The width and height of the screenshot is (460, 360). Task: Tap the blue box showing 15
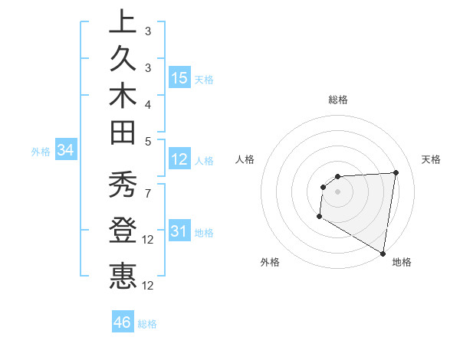(x=180, y=78)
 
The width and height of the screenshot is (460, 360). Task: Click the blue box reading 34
(x=66, y=151)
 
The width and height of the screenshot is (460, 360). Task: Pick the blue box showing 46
(x=123, y=322)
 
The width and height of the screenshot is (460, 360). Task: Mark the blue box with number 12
(x=180, y=159)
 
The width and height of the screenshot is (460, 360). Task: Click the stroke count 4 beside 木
(x=147, y=103)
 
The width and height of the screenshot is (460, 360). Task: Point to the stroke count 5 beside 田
(x=147, y=140)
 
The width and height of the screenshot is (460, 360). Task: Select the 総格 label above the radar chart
(x=338, y=100)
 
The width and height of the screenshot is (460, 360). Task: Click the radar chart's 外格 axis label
(x=270, y=262)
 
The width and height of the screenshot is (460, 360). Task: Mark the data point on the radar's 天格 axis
(x=396, y=172)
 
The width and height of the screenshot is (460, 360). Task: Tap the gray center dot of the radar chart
(x=337, y=191)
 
